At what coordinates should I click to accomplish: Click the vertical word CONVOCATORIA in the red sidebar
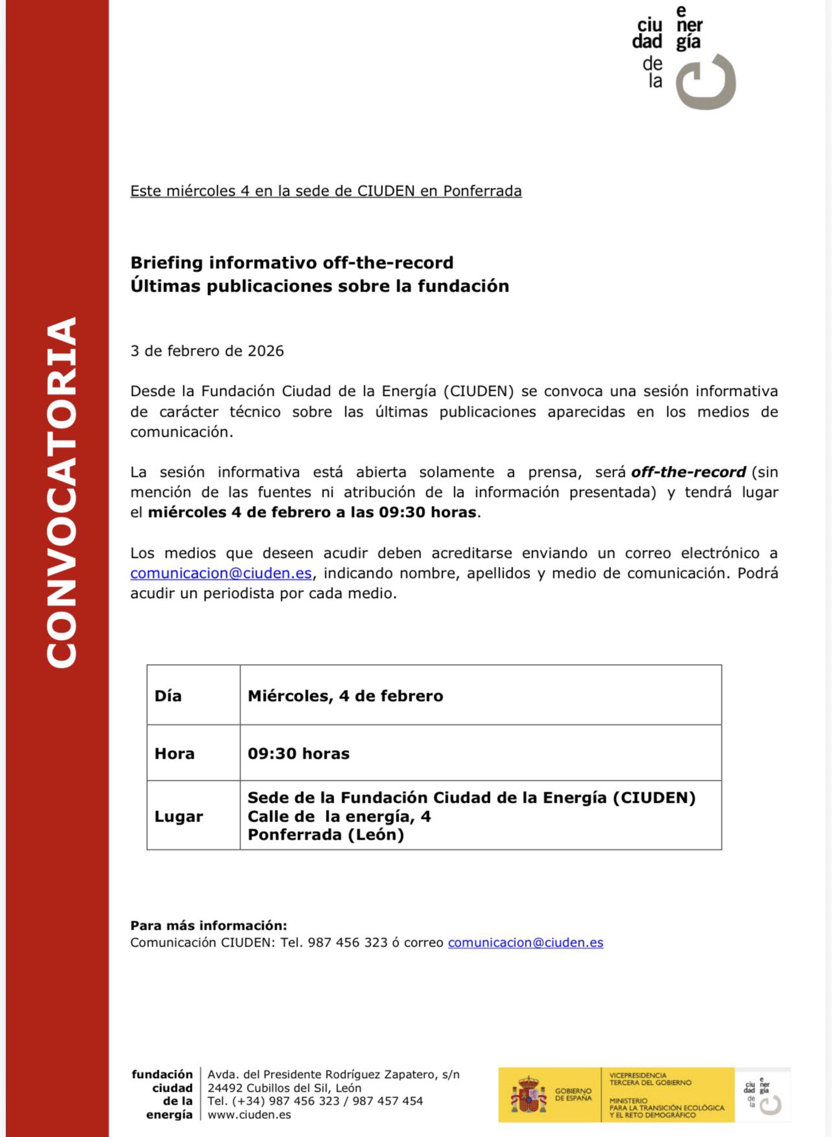[x=62, y=492]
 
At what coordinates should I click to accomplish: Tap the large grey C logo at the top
[x=706, y=82]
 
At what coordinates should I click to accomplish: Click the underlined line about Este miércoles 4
[x=326, y=191]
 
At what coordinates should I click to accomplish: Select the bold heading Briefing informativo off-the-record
[x=292, y=262]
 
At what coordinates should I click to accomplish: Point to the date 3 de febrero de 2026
[x=207, y=351]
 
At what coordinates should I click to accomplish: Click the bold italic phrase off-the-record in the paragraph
[x=688, y=472]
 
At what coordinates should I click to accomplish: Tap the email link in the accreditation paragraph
[x=221, y=573]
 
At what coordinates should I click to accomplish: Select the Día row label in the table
[x=168, y=696]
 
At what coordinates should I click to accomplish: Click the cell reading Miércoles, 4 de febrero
[x=345, y=696]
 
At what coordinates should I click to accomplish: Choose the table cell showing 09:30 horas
[x=299, y=753]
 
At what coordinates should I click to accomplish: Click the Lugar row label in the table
[x=179, y=816]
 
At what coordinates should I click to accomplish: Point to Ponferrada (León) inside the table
[x=326, y=834]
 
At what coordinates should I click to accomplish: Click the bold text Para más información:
[x=209, y=925]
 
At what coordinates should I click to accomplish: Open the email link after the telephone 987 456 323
[x=526, y=943]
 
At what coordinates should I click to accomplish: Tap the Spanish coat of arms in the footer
[x=529, y=1095]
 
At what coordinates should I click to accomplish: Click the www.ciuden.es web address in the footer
[x=249, y=1115]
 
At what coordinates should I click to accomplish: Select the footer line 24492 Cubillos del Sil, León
[x=284, y=1088]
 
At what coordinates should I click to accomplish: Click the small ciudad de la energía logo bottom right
[x=762, y=1095]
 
